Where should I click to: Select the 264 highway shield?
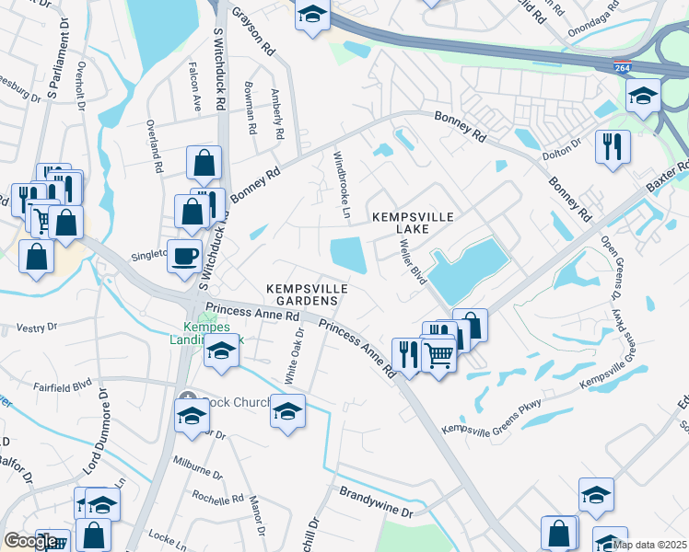pos(624,67)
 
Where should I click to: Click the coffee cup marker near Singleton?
pos(184,255)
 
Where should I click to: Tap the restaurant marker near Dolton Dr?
pos(612,145)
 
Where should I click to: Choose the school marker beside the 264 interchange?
pos(642,94)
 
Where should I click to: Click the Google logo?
pos(30,541)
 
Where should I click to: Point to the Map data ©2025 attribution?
pos(649,545)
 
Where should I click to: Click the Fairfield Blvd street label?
pos(64,385)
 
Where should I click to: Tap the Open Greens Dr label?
pos(611,268)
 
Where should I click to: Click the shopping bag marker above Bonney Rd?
pos(204,164)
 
